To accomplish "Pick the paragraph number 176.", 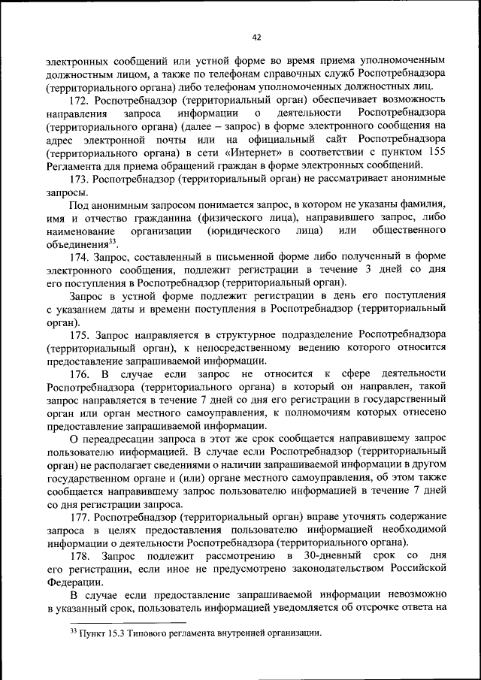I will (80, 374).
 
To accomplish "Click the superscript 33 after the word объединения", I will (113, 241).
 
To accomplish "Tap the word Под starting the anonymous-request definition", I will (80, 205).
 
